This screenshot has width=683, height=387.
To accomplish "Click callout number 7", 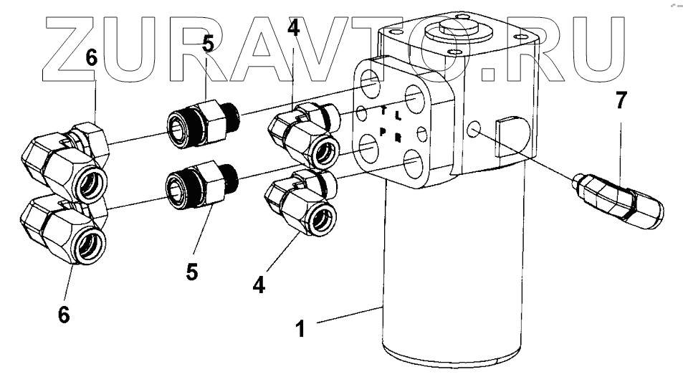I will [x=621, y=100].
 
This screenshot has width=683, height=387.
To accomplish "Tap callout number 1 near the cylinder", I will [x=302, y=329].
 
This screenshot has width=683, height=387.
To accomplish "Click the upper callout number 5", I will [x=208, y=44].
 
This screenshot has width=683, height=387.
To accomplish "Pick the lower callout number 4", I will [x=259, y=285].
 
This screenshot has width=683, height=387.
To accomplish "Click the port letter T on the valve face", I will [x=384, y=112].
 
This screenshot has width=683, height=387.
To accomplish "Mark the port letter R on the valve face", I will [x=397, y=135].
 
